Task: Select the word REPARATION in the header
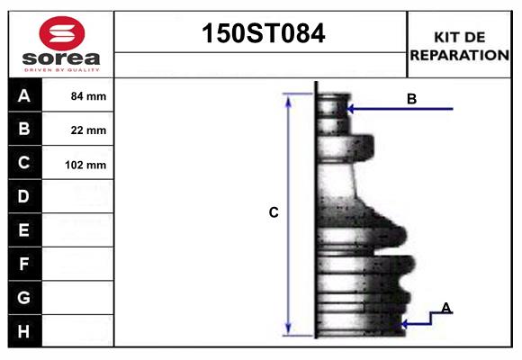tap(459, 55)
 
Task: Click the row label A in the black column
tap(24, 95)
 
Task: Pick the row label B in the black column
tap(24, 129)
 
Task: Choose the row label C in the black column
tap(24, 163)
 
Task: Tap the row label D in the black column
tap(24, 196)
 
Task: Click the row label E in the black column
tap(24, 230)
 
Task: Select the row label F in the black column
tap(24, 264)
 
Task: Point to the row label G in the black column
tap(24, 297)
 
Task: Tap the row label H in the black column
tap(24, 331)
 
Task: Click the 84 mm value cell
tap(88, 96)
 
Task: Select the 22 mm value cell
tap(88, 130)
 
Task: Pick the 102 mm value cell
tap(88, 165)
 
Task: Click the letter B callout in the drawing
tap(411, 99)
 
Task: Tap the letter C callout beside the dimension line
tap(274, 213)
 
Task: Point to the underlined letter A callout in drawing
tap(445, 309)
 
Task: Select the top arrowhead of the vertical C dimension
tap(289, 98)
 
